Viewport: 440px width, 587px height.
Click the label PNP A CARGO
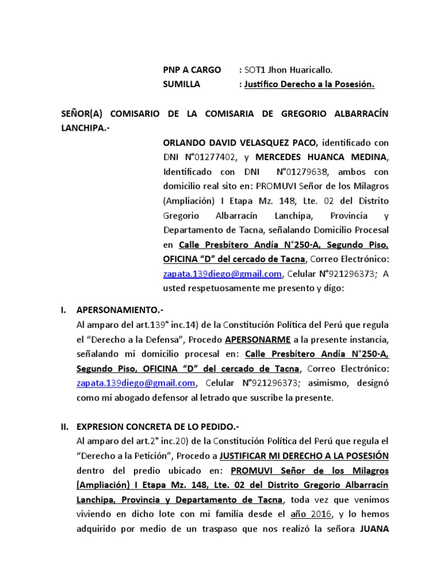[192, 70]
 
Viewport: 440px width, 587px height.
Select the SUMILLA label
[182, 84]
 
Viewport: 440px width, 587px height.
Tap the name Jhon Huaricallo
[298, 70]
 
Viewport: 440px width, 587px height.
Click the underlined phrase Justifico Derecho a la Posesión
[309, 84]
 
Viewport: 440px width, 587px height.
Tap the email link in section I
[136, 383]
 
